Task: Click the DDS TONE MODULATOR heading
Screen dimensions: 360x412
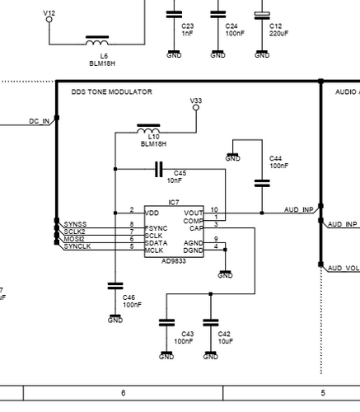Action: click(111, 91)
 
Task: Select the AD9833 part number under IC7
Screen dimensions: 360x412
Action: click(174, 261)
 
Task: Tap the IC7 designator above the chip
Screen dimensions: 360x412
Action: click(174, 203)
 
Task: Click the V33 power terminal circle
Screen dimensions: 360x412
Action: click(196, 108)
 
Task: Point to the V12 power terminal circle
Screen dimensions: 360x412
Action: click(49, 20)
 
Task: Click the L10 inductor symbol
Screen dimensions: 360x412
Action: click(148, 129)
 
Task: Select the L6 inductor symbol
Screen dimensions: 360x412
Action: click(97, 40)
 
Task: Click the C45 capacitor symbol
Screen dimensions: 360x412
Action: click(159, 169)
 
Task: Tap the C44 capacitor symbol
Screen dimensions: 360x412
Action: click(262, 184)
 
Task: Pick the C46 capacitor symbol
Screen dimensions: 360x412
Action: click(115, 286)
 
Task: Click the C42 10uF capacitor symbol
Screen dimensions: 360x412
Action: click(211, 322)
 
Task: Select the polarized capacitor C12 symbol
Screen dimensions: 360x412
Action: click(262, 16)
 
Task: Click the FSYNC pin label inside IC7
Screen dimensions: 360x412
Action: click(156, 228)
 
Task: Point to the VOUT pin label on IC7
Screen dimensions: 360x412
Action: click(194, 213)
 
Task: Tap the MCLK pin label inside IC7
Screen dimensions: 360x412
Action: click(154, 250)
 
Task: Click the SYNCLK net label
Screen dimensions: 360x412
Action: click(77, 246)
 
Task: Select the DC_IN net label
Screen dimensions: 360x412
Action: click(40, 121)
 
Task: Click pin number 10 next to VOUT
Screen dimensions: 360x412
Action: click(214, 209)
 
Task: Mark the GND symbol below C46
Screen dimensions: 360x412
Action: click(115, 319)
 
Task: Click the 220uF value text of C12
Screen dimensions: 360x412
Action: click(279, 34)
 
